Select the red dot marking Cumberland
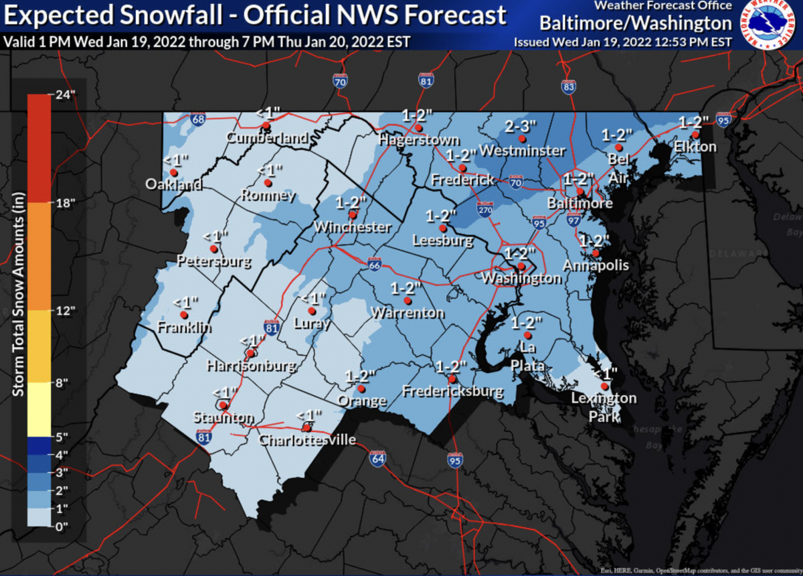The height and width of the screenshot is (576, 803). coord(266,125)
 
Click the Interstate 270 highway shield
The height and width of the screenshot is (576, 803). coord(486,210)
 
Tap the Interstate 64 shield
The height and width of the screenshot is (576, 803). coord(377,459)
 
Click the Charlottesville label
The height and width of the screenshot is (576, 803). coord(307,441)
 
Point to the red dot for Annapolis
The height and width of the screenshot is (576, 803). coord(595,253)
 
